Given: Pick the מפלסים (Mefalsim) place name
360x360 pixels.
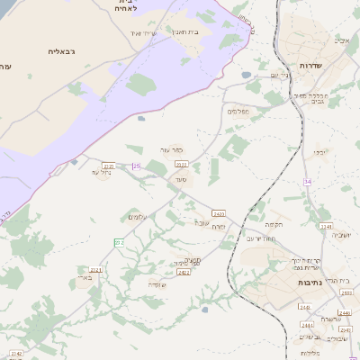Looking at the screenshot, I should pyautogui.click(x=238, y=112).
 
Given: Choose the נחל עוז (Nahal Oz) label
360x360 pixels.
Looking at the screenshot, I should pyautogui.click(x=100, y=172).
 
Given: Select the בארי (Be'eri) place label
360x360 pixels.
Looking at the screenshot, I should pyautogui.click(x=85, y=279).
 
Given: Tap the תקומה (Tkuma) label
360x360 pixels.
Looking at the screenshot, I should pyautogui.click(x=274, y=225).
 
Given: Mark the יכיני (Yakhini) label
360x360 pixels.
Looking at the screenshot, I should pyautogui.click(x=321, y=152).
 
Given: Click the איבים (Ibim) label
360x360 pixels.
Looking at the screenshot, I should pyautogui.click(x=343, y=40).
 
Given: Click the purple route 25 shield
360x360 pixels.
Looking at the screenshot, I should pyautogui.click(x=137, y=166).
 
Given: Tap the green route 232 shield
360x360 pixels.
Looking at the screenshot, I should pyautogui.click(x=119, y=242).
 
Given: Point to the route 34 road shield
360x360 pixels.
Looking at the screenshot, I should pyautogui.click(x=307, y=182).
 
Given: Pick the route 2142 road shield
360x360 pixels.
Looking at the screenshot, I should pyautogui.click(x=15, y=354).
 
